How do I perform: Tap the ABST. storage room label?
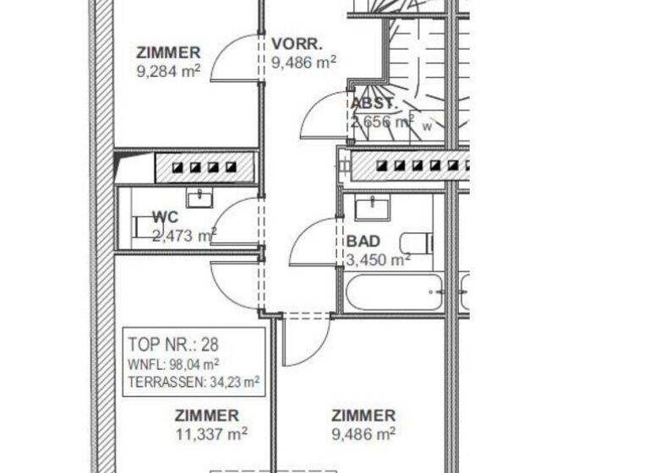pyautogui.click(x=373, y=103)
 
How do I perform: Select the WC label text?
pyautogui.click(x=166, y=218)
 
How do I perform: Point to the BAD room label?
pyautogui.click(x=363, y=242)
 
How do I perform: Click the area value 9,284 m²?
pyautogui.click(x=168, y=71)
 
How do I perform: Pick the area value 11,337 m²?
pyautogui.click(x=210, y=434)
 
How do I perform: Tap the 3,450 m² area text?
pyautogui.click(x=378, y=259)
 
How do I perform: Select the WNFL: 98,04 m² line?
pyautogui.click(x=174, y=364)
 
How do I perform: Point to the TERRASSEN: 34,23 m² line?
pyautogui.click(x=194, y=383)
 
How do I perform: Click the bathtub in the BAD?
pyautogui.click(x=394, y=292)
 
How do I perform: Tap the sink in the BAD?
pyautogui.click(x=372, y=208)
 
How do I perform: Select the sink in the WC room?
pyautogui.click(x=199, y=198)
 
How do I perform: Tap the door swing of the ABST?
pyautogui.click(x=323, y=117)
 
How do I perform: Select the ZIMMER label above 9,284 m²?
pyautogui.click(x=168, y=52)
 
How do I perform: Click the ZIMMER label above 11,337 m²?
pyautogui.click(x=206, y=416)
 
